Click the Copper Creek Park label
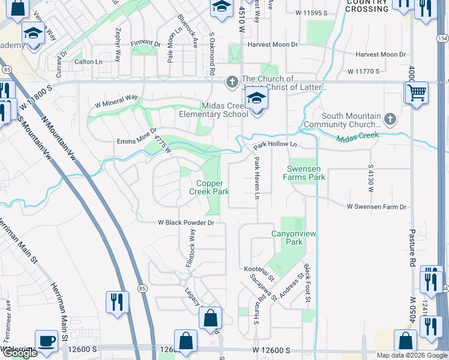tap(209, 187)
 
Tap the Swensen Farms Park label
tap(306, 173)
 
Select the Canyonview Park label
tap(287, 238)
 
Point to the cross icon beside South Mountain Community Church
tap(391, 118)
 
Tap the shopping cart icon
tap(416, 93)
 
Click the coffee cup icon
tap(46, 341)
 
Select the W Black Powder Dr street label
tap(185, 223)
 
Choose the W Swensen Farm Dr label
tap(376, 207)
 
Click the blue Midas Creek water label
tap(357, 137)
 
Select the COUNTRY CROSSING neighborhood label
tap(367, 5)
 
